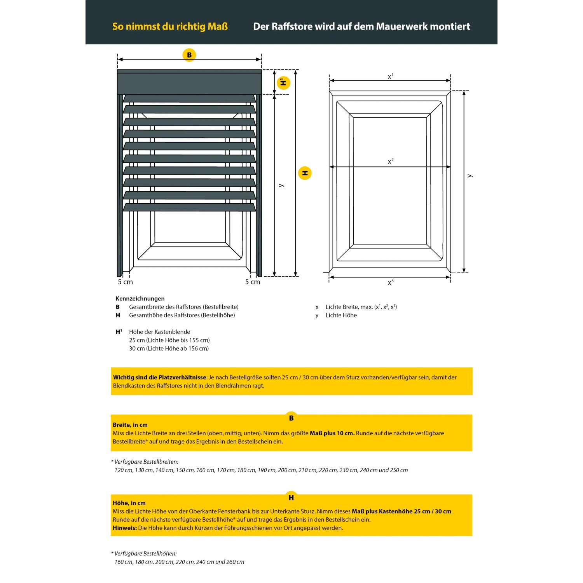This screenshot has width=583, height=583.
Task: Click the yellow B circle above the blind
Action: click(189, 55)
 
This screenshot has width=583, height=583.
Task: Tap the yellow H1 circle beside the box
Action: click(283, 83)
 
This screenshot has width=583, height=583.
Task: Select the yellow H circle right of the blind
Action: click(305, 173)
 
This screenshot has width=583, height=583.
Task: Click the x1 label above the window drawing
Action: click(391, 76)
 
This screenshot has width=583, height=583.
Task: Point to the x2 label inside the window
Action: click(391, 161)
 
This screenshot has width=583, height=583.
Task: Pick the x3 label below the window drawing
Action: click(391, 282)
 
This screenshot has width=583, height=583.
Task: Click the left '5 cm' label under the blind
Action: click(125, 282)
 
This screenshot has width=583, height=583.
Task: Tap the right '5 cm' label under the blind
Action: click(253, 282)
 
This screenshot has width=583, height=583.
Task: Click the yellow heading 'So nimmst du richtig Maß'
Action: click(170, 26)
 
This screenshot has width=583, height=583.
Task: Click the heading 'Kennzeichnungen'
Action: click(140, 298)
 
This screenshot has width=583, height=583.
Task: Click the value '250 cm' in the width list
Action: click(399, 470)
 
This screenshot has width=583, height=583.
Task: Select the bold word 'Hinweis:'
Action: click(125, 528)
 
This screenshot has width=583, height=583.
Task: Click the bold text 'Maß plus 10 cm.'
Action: click(332, 433)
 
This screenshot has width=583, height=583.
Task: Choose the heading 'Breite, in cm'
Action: click(130, 425)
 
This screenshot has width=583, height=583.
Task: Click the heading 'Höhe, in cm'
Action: click(129, 503)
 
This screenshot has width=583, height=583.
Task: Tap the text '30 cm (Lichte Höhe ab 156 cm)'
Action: click(169, 349)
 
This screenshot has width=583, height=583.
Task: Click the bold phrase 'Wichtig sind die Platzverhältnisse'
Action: click(160, 377)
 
